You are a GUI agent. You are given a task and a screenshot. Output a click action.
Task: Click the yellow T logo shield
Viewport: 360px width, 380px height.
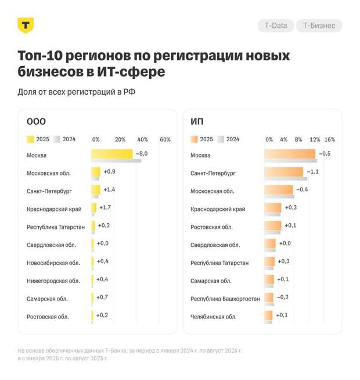26,25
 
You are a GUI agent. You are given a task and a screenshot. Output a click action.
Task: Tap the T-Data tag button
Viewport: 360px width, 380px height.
275,26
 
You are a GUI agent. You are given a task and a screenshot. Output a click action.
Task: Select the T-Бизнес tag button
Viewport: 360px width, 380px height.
319,26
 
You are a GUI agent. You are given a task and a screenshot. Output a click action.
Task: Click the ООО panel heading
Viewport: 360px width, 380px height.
36,121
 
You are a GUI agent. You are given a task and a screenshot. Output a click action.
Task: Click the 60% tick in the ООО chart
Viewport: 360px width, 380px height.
165,139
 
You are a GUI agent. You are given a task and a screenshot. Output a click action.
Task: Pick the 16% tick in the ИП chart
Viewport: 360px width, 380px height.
329,139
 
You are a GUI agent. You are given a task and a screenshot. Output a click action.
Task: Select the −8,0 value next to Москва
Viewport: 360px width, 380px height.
142,153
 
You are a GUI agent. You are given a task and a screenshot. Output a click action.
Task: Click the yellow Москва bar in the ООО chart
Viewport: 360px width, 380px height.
112,153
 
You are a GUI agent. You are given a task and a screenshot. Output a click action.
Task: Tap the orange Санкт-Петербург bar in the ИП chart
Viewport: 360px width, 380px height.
284,172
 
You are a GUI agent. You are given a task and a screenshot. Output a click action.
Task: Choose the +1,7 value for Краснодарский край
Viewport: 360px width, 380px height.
105,207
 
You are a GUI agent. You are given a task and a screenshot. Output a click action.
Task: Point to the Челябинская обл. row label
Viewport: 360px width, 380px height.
213,317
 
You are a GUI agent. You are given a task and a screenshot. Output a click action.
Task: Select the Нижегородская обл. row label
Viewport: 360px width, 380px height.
53,281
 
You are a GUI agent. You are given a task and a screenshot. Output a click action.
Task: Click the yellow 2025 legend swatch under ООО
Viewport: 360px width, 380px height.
30,139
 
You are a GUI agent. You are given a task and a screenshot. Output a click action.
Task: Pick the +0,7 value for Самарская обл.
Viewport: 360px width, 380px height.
102,297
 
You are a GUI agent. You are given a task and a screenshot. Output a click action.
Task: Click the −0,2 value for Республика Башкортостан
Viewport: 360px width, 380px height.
283,297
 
